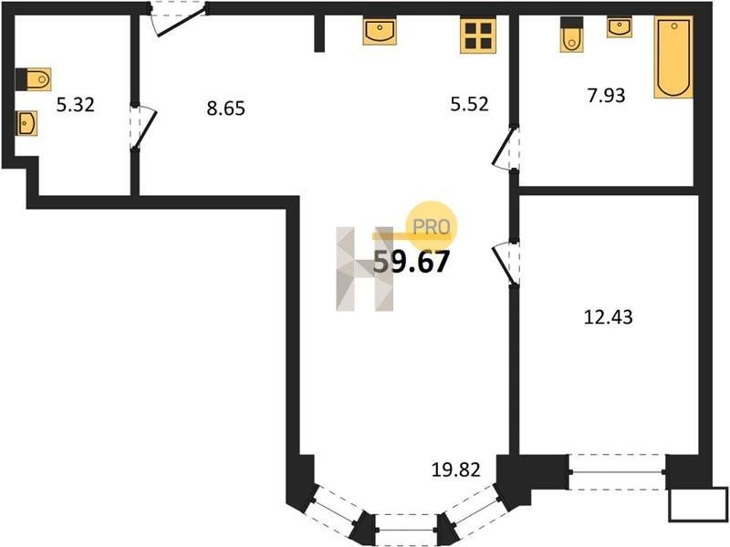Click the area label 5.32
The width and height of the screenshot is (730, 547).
(76, 105)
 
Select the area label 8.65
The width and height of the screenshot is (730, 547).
(225, 108)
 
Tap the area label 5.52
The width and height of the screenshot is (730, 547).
(469, 104)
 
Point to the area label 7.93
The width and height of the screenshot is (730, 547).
(606, 95)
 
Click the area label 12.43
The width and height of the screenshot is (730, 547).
(608, 317)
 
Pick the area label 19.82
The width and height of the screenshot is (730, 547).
(455, 470)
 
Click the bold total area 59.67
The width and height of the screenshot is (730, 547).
(412, 262)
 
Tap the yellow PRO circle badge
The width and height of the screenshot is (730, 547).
(432, 226)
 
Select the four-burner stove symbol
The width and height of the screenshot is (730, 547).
(478, 36)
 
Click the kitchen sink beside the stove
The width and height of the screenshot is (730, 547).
(380, 32)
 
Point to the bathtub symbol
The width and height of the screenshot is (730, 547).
(673, 57)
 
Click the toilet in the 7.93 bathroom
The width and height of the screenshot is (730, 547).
(572, 35)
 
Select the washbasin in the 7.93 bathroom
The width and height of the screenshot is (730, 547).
(620, 28)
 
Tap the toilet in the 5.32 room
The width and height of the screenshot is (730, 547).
(34, 79)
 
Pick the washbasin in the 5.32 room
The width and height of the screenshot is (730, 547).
(26, 124)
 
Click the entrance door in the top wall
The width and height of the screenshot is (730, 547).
(177, 18)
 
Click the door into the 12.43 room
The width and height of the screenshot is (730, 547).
(506, 263)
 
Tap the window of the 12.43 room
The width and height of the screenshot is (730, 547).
(618, 472)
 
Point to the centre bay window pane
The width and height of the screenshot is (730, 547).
(406, 530)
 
